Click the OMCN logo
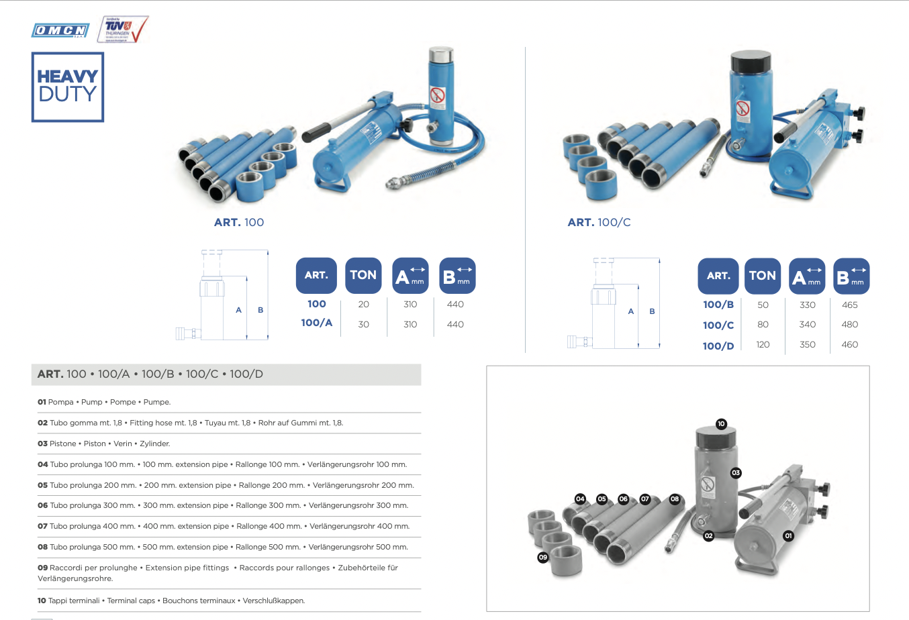[60, 30]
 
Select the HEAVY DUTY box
[68, 87]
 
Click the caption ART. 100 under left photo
[239, 222]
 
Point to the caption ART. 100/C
[599, 222]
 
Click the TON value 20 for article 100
[363, 304]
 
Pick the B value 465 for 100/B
[849, 305]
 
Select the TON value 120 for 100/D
[763, 344]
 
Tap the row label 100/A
[316, 323]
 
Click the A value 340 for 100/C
[807, 324]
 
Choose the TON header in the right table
[762, 276]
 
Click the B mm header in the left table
[457, 276]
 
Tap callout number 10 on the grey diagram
[721, 423]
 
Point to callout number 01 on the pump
[788, 535]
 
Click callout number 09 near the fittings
[542, 557]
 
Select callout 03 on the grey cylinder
[736, 473]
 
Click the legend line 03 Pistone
[104, 444]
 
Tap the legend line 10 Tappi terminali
[171, 601]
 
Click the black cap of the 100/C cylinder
[751, 62]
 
